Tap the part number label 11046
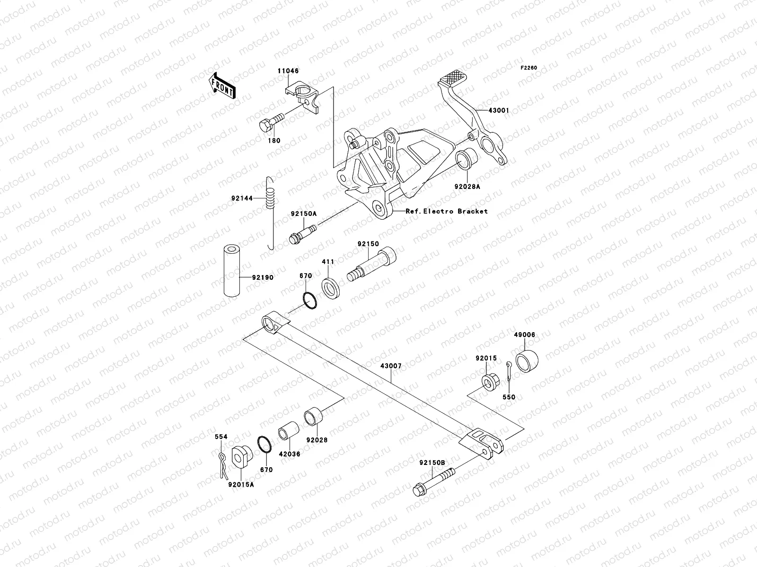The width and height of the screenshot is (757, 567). point(288,71)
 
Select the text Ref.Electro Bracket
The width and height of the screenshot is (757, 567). point(447,211)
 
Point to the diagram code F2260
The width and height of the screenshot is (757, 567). point(529,68)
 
